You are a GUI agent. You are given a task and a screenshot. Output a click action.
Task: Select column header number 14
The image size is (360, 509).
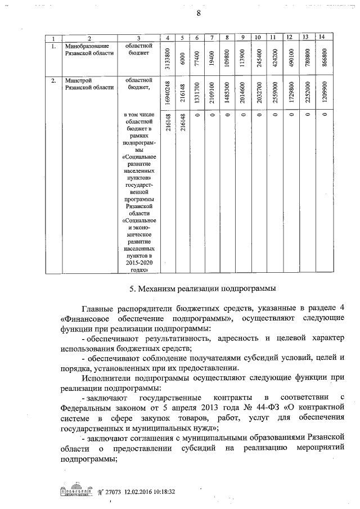pyautogui.click(x=321, y=37)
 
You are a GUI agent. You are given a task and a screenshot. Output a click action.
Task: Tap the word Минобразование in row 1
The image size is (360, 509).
pyautogui.click(x=84, y=46)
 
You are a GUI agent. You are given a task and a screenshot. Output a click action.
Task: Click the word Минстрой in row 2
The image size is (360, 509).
pyautogui.click(x=76, y=80)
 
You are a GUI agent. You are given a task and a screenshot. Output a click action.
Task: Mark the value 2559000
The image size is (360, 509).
pyautogui.click(x=273, y=93)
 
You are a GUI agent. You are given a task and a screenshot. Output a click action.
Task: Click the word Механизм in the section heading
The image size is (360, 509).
pyautogui.click(x=159, y=289)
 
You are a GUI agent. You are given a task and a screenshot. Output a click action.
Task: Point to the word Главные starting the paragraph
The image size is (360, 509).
pyautogui.click(x=99, y=309)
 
